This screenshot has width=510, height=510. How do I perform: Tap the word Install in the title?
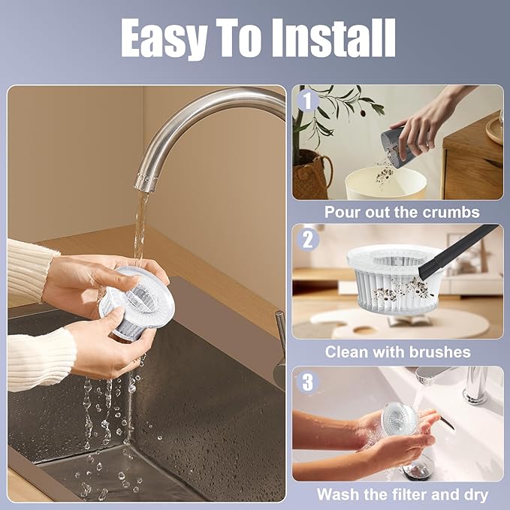pos(333,38)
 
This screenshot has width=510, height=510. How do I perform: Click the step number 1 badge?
pos(307,100)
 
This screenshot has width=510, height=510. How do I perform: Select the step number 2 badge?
pos(307,240)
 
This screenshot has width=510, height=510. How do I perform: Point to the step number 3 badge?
pos(307,382)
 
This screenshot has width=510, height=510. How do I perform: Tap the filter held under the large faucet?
pos(137,301)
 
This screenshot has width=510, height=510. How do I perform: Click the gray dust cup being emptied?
pos(396,147)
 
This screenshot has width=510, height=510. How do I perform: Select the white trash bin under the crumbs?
pos(386,184)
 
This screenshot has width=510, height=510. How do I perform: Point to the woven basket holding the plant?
pos(312,176)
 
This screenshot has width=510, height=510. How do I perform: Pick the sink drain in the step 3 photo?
pos(418,469)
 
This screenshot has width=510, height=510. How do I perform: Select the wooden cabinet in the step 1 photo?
pos(472,159)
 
